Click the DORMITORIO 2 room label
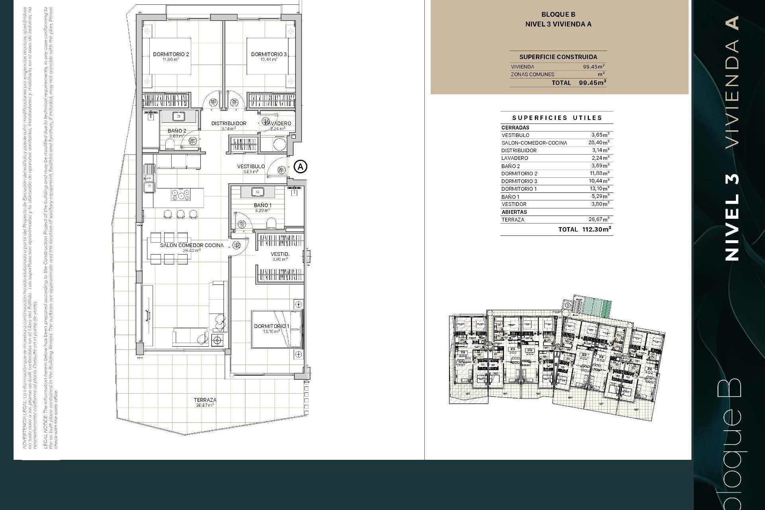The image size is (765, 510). tap(171, 54)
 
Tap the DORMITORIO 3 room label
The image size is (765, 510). tap(269, 54)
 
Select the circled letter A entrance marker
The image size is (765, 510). tap(300, 166)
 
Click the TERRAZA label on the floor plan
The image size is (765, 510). tap(205, 400)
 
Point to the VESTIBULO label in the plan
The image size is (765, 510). tap(251, 167)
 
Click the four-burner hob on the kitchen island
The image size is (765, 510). tap(180, 195)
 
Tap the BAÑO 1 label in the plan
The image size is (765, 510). tap(263, 205)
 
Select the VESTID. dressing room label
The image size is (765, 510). tap(280, 254)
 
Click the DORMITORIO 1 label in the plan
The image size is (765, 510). tap(272, 326)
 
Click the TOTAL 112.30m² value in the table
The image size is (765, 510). tap(596, 229)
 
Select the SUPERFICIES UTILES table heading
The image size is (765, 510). tap(557, 118)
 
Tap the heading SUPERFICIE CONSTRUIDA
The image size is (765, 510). tap(558, 57)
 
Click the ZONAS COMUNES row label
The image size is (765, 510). tap(532, 75)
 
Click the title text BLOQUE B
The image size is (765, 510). tap(558, 15)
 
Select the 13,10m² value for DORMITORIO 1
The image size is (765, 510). tap(599, 189)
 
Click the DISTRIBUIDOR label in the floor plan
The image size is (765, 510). tap(229, 124)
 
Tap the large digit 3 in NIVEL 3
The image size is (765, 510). tap(732, 178)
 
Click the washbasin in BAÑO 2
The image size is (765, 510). tap(178, 116)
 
